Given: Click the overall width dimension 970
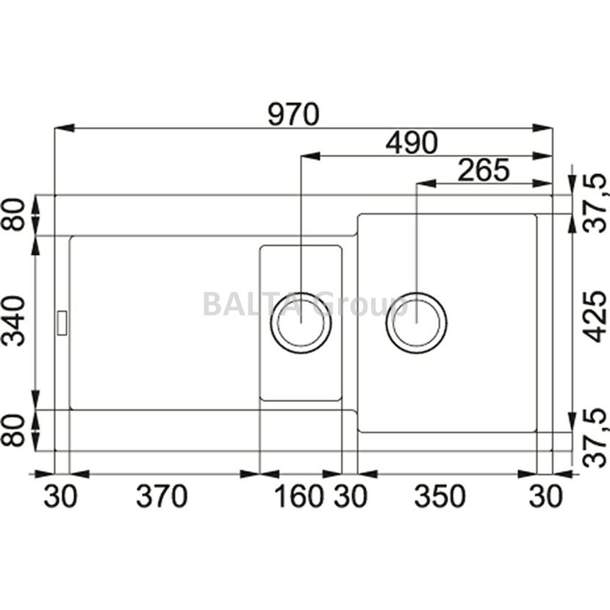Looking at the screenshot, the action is click(293, 114).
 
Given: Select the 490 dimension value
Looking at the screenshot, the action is click(412, 143).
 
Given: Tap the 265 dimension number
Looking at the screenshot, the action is click(483, 170).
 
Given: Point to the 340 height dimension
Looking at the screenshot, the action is click(13, 321).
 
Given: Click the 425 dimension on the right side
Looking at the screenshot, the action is click(595, 316).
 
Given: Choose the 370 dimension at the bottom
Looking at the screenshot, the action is click(162, 496).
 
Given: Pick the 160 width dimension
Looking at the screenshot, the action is click(299, 496).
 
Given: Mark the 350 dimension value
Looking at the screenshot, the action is click(439, 496).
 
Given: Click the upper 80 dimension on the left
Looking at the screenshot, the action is click(13, 215).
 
